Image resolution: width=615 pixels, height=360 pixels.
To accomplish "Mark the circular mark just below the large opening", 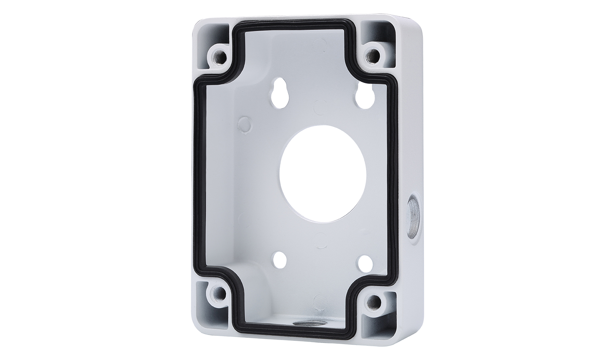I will click(x=320, y=239).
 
